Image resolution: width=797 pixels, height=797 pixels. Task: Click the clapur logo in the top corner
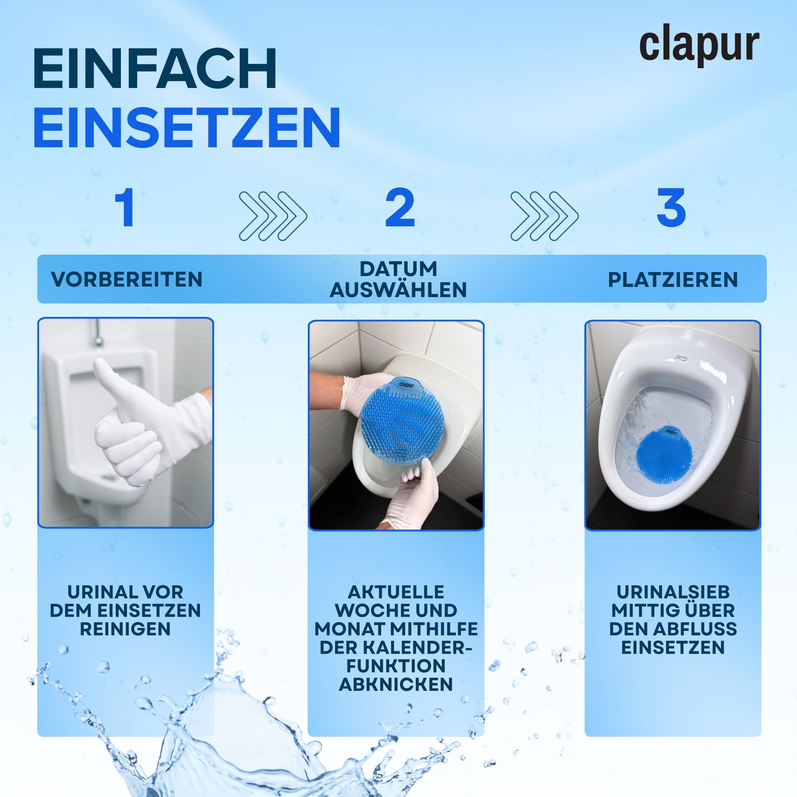click(x=699, y=46)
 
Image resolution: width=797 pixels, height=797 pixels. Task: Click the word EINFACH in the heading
click(x=155, y=69)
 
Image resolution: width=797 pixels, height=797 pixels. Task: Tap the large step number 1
click(x=125, y=208)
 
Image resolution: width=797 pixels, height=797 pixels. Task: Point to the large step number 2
click(x=400, y=208)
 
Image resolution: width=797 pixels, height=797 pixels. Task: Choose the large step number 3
click(x=671, y=208)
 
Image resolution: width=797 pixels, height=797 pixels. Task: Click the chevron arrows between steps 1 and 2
click(x=273, y=216)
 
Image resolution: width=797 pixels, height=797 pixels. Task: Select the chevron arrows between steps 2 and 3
click(x=544, y=216)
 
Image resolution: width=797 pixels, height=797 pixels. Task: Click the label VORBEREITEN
click(x=127, y=279)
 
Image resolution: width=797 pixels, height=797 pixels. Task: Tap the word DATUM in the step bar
click(x=398, y=269)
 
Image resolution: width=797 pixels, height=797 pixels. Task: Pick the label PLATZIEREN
click(x=673, y=280)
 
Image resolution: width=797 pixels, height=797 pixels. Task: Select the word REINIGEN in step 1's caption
click(x=126, y=629)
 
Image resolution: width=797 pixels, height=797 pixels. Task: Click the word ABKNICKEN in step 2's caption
click(x=396, y=684)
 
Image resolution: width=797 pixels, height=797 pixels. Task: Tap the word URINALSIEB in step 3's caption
click(x=673, y=592)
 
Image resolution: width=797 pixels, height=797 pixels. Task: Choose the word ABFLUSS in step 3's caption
click(x=695, y=629)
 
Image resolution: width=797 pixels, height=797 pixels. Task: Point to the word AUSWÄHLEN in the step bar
click(x=398, y=290)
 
